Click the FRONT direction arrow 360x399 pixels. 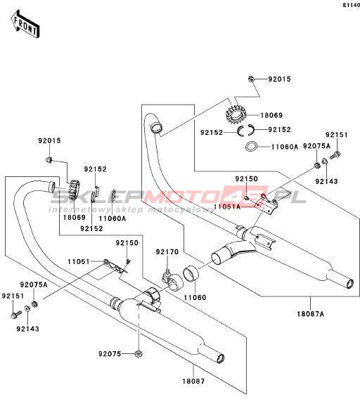click(x=25, y=25)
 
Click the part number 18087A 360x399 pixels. click(x=310, y=314)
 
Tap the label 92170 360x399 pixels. click(x=167, y=252)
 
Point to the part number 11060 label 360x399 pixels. click(x=195, y=297)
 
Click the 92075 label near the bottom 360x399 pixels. click(x=110, y=354)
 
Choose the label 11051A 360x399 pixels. click(x=227, y=207)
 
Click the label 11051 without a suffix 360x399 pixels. click(x=79, y=261)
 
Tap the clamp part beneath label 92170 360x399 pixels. click(x=173, y=282)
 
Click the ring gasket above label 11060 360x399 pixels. click(x=191, y=274)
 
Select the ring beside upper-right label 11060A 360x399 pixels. click(x=251, y=147)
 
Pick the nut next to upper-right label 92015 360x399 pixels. click(x=251, y=79)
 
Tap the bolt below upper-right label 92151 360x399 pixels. click(x=335, y=155)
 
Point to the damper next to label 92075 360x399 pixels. click(x=139, y=354)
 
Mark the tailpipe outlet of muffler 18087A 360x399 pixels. click(x=349, y=282)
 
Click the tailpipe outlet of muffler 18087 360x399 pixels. click(x=220, y=358)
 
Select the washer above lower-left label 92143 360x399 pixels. click(x=27, y=308)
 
